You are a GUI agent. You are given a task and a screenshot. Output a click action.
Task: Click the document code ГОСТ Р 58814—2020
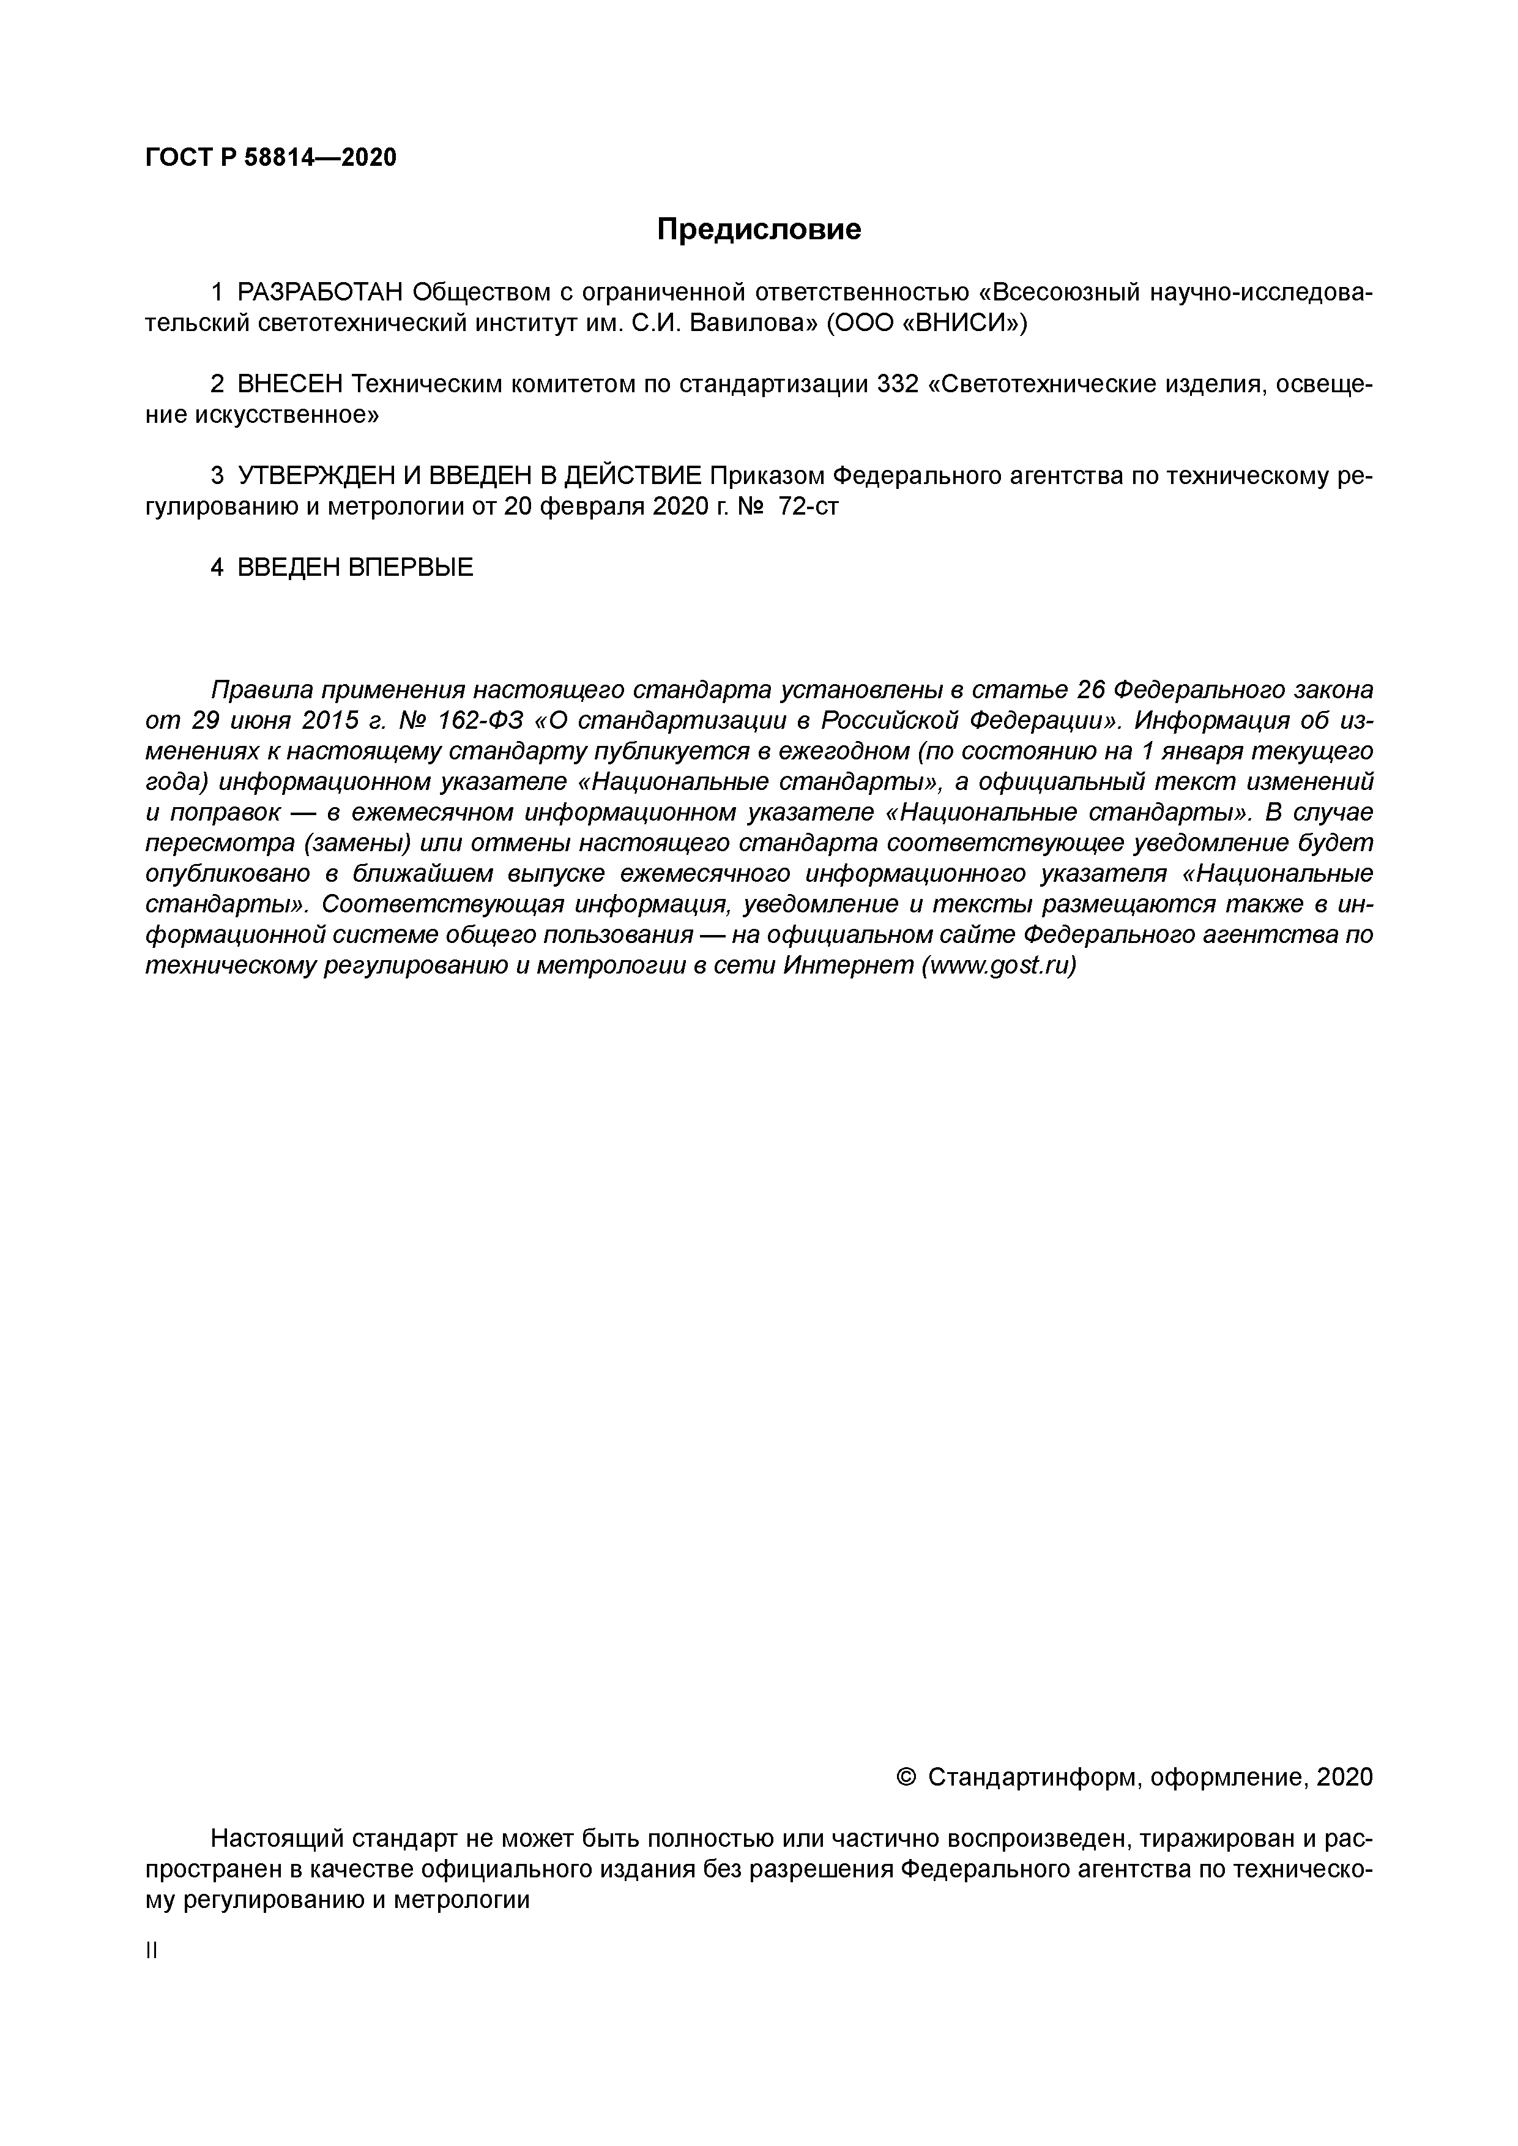click(x=271, y=158)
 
